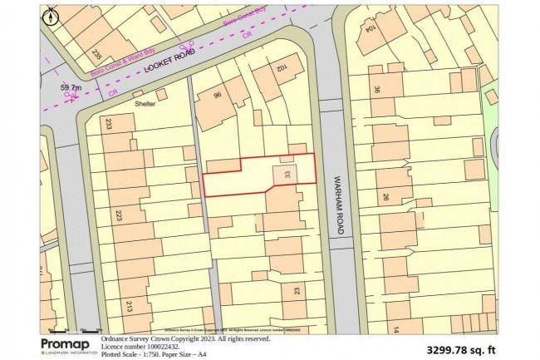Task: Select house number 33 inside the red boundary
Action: tap(287, 175)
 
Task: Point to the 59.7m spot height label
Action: tap(72, 86)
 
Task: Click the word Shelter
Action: tap(146, 105)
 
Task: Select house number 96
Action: tap(218, 96)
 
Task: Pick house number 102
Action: tap(282, 67)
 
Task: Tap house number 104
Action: tap(367, 27)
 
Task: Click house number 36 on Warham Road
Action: tap(376, 91)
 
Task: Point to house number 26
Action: tap(385, 197)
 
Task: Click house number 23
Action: tap(297, 290)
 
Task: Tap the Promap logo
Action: tap(67, 345)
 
